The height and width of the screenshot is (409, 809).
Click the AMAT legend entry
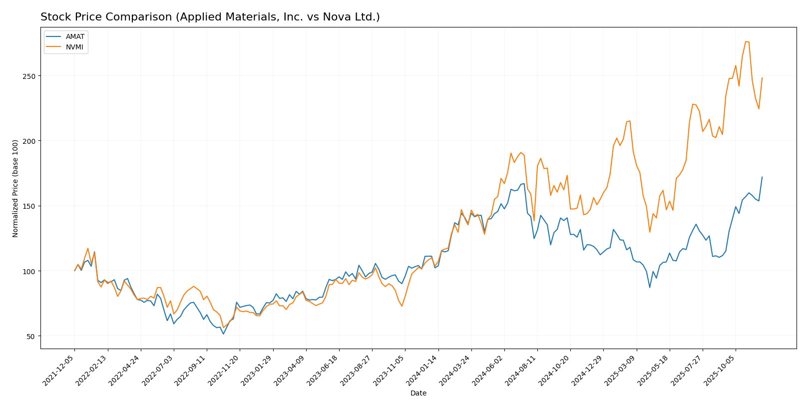75,36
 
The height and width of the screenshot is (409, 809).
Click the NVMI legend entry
74,47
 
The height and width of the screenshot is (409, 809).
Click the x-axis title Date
418,394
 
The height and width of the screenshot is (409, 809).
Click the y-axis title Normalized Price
15,188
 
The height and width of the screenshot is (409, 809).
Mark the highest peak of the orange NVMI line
746,41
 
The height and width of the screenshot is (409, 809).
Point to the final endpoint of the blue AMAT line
762,177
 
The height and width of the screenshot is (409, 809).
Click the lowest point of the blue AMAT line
223,334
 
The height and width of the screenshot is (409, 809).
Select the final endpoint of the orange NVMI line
762,78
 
